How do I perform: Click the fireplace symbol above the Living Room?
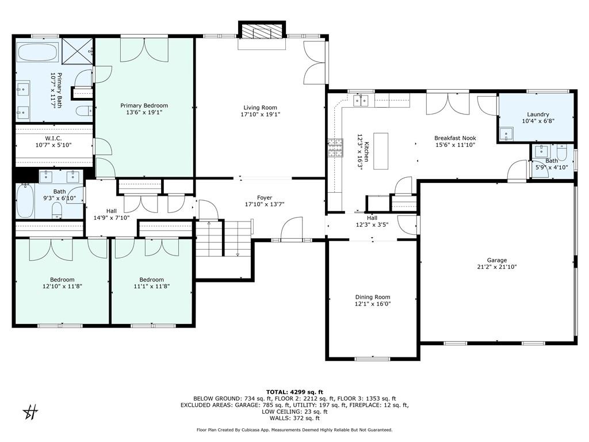coord(262,31)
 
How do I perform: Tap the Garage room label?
coord(497,260)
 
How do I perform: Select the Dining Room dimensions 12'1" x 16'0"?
coord(373,304)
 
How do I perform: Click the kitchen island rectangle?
coord(381,151)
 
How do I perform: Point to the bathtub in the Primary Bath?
coord(36,52)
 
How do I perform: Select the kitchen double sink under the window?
coord(362,101)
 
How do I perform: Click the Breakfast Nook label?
coord(455,138)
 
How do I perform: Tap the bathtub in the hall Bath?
coord(25,200)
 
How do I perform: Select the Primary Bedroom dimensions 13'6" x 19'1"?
coord(144,113)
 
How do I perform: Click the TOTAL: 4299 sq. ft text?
coord(294,391)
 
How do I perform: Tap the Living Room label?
coord(260,108)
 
